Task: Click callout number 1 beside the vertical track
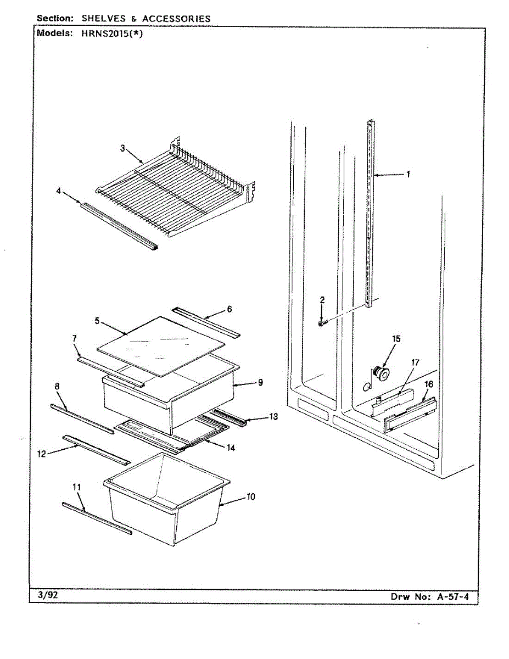pos(408,175)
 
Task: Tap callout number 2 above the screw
pos(322,300)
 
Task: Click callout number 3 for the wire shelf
pos(122,148)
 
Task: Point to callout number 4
pos(59,191)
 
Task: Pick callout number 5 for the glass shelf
pos(97,321)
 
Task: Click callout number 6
pos(229,309)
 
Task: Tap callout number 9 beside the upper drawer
pos(260,382)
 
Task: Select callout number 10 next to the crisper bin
pos(251,497)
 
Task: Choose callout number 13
pos(273,417)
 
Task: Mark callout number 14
pos(231,448)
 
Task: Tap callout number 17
pos(415,362)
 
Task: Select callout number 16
pos(429,384)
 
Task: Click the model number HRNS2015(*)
pos(111,33)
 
